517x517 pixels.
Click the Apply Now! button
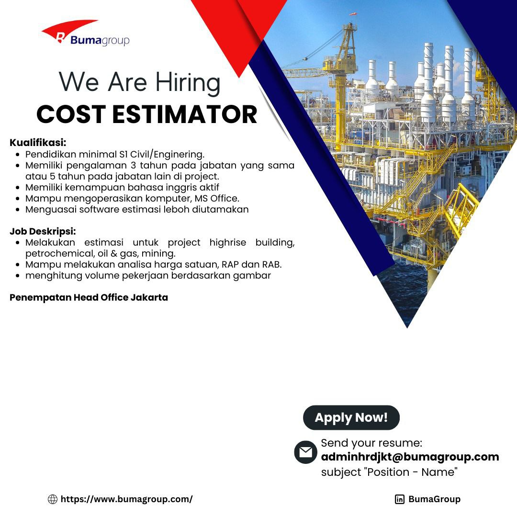click(351, 417)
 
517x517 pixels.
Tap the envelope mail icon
click(305, 452)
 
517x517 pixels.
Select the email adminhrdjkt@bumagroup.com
click(410, 457)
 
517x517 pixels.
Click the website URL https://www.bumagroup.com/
click(126, 499)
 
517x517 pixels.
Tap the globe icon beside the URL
click(53, 499)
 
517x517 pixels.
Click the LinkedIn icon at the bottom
click(399, 499)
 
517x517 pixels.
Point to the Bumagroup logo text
click(100, 41)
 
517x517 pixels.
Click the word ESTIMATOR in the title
click(185, 114)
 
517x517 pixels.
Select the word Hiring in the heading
click(188, 82)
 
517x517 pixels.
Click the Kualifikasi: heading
click(38, 143)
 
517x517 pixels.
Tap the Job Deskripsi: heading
click(43, 231)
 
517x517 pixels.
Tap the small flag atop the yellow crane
click(353, 14)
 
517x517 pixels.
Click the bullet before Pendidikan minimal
click(18, 154)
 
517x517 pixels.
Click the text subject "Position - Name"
click(389, 472)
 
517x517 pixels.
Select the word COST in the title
click(71, 114)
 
